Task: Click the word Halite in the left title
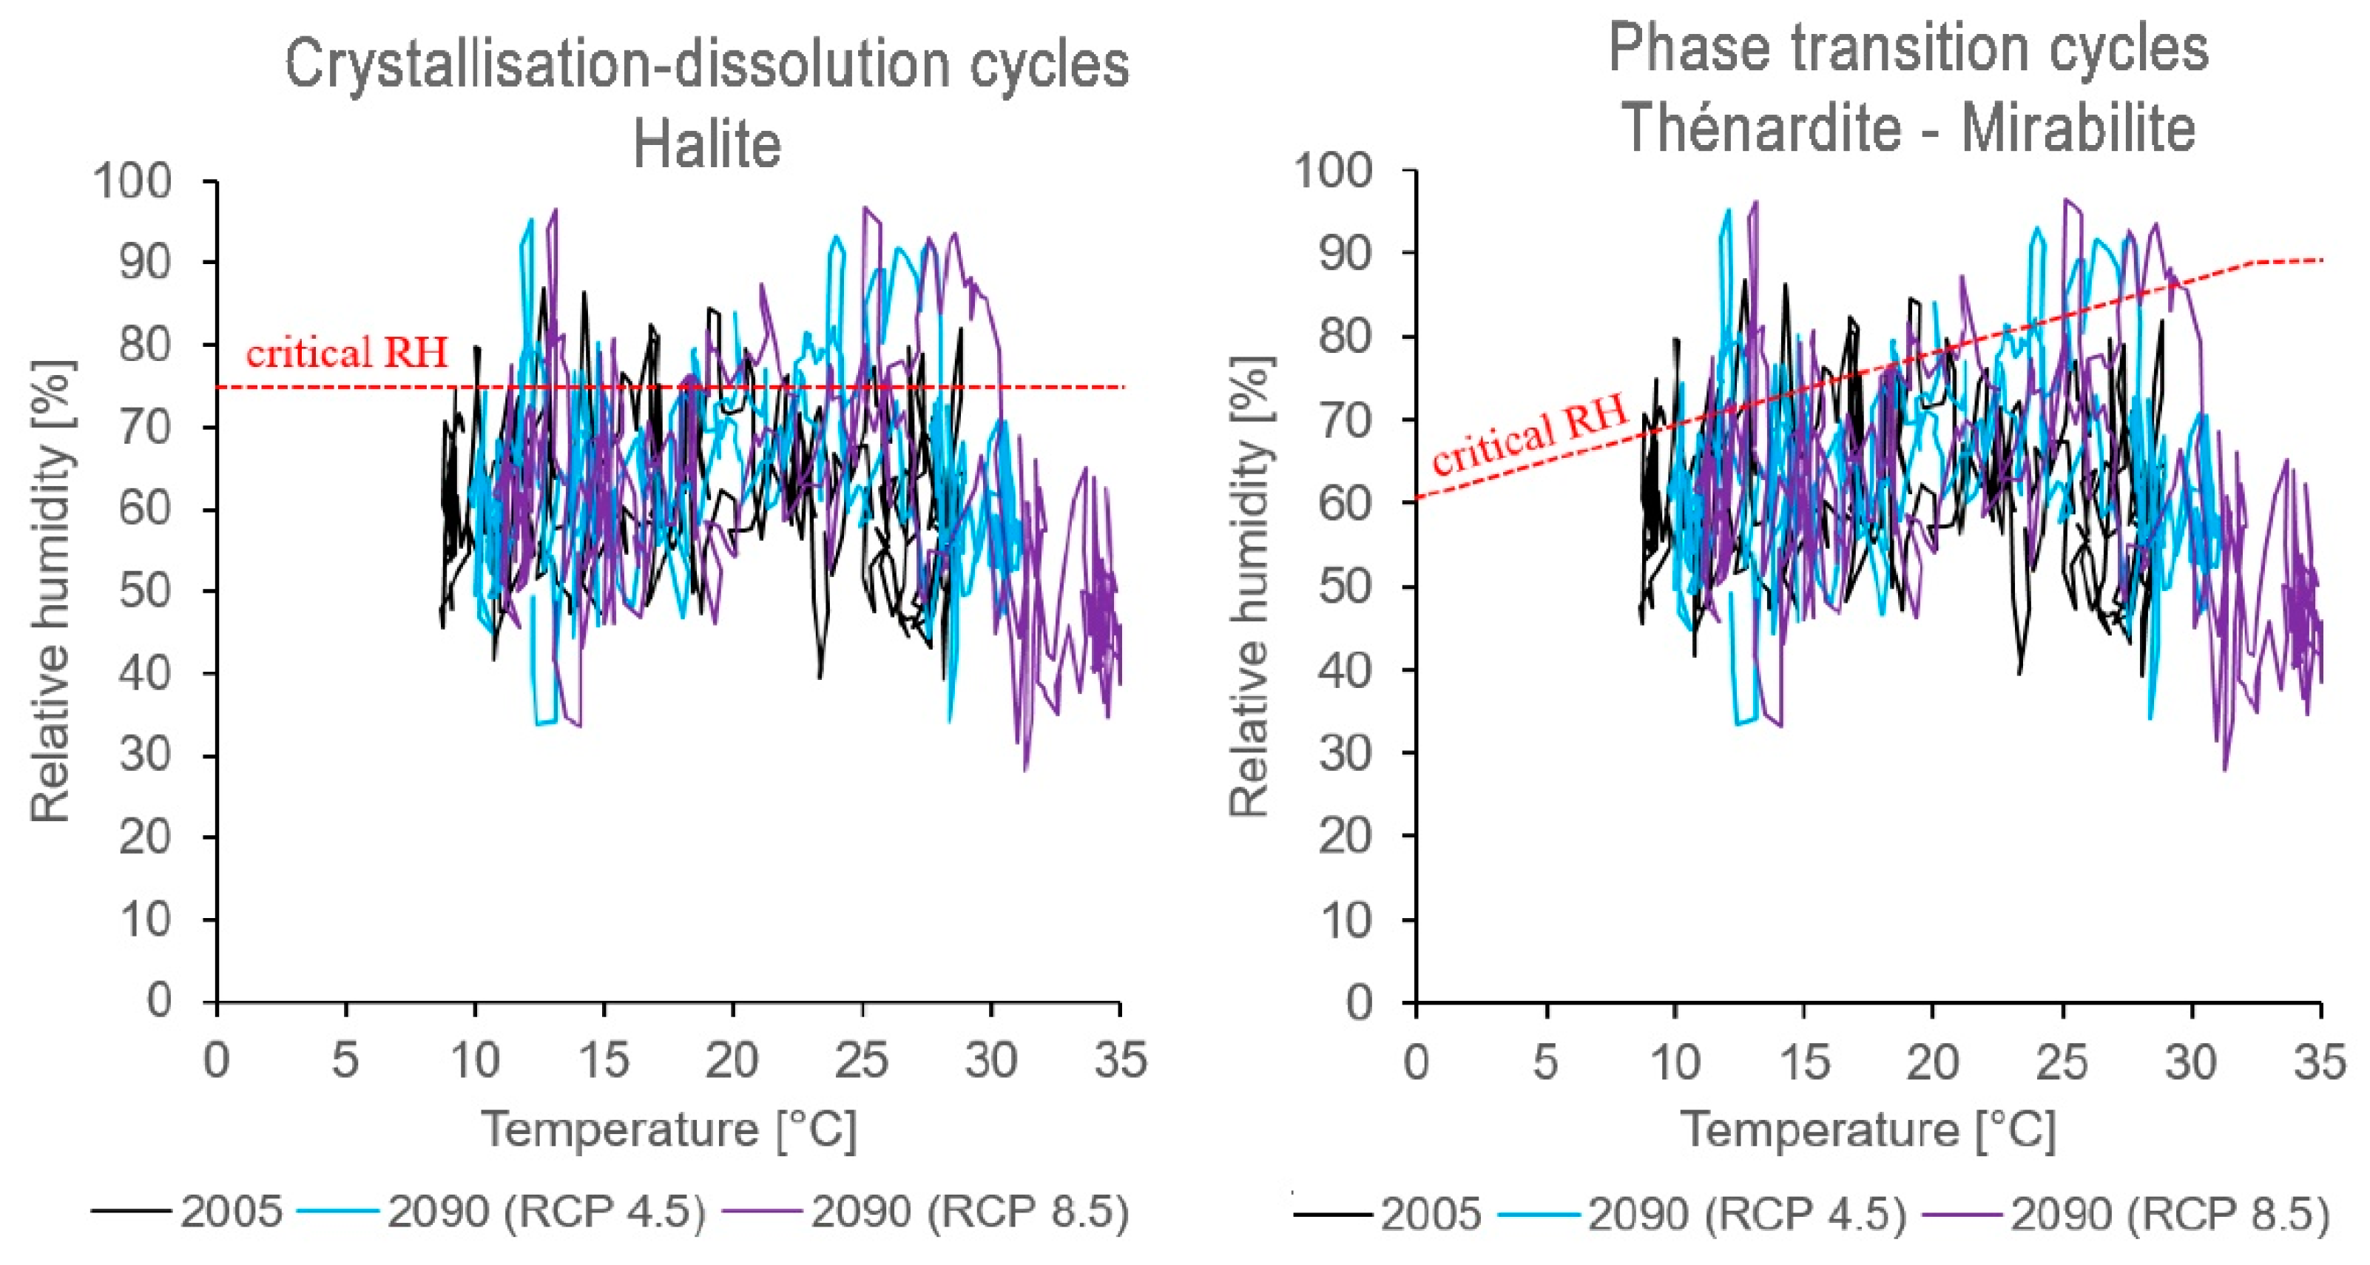click(x=706, y=144)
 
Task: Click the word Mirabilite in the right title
click(x=2079, y=128)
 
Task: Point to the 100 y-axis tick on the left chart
click(x=132, y=181)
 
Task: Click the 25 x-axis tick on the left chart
click(x=861, y=1060)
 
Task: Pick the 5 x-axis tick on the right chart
click(x=1546, y=1062)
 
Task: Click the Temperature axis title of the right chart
click(x=1868, y=1129)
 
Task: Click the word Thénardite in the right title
click(x=1762, y=128)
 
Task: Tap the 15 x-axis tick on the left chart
click(x=603, y=1060)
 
